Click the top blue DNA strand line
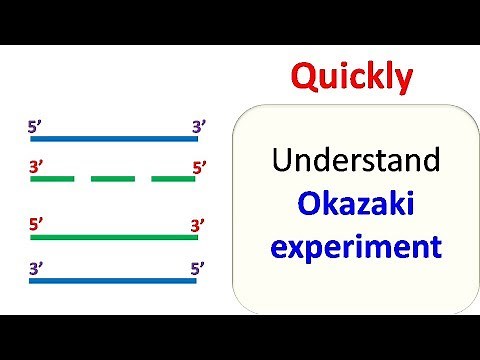pos(113,139)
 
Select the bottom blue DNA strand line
pos(113,281)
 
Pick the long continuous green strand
pos(113,238)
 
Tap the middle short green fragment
pos(112,179)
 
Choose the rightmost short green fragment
pos(173,179)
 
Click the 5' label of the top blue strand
pos(36,126)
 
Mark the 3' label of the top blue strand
pos(198,126)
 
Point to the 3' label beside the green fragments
pos(36,167)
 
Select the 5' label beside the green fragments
pos(198,167)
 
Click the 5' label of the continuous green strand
pos(36,225)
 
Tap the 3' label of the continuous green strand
pos(198,225)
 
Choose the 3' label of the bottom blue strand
pos(36,268)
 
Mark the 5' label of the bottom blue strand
pos(198,268)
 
